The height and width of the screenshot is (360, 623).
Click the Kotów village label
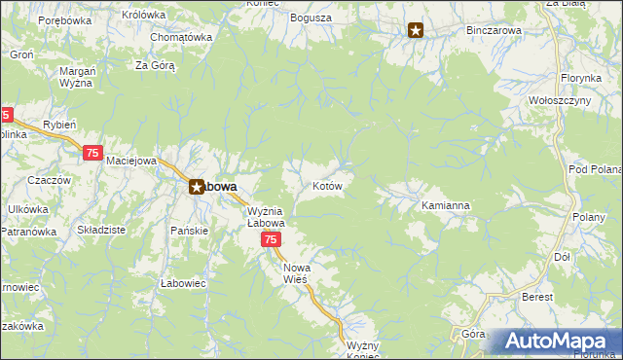click(326, 185)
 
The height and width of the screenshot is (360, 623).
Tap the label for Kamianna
click(446, 206)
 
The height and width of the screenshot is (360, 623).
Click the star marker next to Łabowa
click(196, 187)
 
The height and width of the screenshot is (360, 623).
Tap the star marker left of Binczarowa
click(416, 30)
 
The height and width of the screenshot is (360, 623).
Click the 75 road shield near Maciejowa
click(93, 153)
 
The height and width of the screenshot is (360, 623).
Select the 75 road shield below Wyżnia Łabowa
click(272, 240)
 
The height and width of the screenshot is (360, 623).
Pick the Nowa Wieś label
click(295, 272)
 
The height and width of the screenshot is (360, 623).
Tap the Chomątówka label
click(181, 37)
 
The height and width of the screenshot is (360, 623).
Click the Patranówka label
click(26, 232)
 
